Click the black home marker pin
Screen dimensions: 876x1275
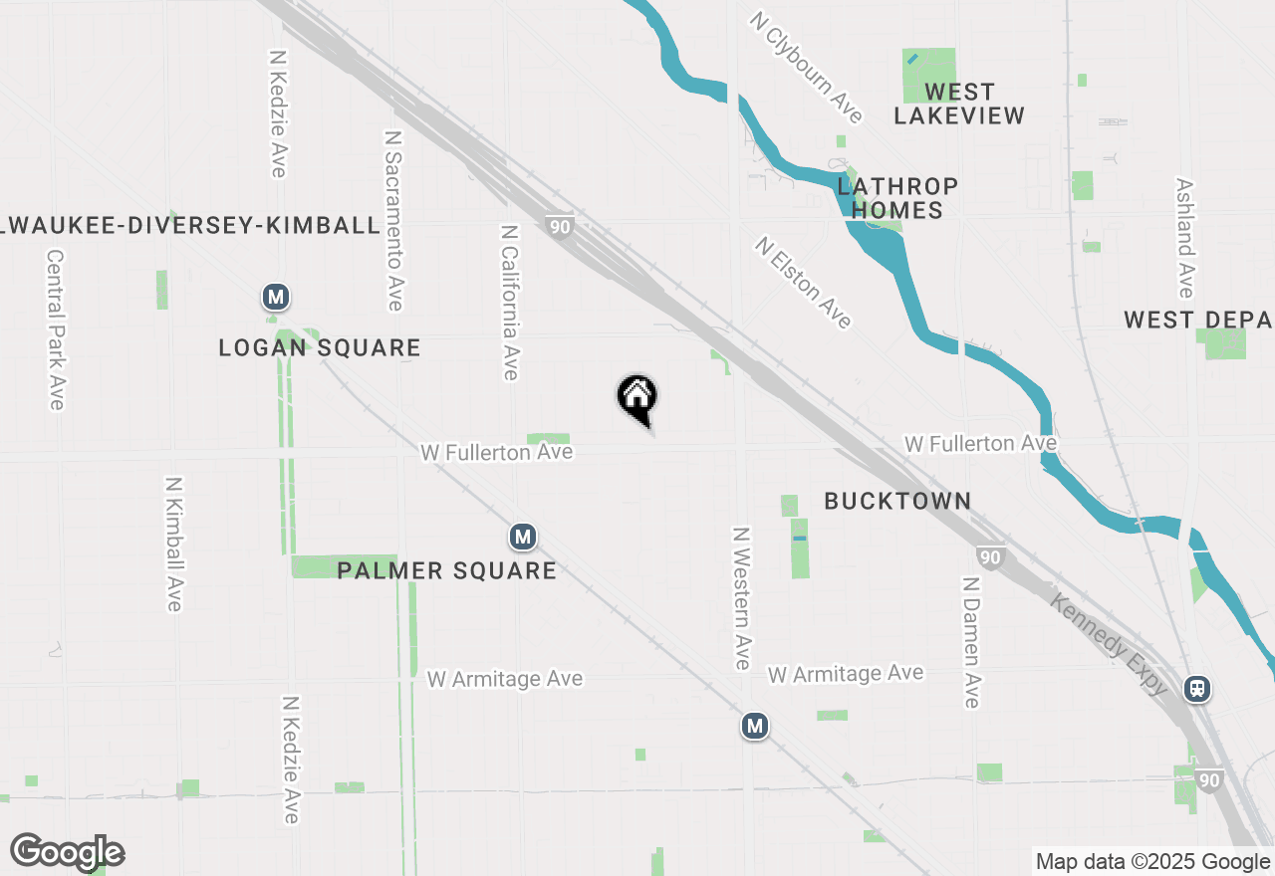click(x=637, y=398)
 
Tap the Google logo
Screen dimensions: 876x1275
click(x=68, y=852)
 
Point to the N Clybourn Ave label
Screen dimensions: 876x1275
click(x=807, y=66)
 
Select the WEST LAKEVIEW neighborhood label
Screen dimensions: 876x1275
click(x=958, y=104)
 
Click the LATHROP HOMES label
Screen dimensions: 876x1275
click(x=897, y=198)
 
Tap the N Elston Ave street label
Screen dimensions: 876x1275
click(x=804, y=283)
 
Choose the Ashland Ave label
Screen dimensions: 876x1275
click(x=1184, y=238)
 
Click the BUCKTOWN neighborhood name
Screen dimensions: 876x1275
click(x=897, y=501)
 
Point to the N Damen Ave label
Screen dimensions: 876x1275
click(x=971, y=641)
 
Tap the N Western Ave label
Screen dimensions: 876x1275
click(x=741, y=597)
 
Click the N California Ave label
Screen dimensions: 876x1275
click(x=510, y=302)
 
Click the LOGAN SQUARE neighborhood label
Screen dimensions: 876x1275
click(x=320, y=347)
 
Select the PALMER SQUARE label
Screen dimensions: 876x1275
click(x=446, y=570)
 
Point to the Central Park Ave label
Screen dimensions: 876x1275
click(x=55, y=328)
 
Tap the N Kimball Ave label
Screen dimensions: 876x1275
click(x=174, y=544)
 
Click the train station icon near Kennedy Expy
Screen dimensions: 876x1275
click(x=1197, y=688)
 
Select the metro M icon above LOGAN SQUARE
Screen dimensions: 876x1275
click(x=276, y=297)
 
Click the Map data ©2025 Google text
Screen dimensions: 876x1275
click(x=1152, y=861)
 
